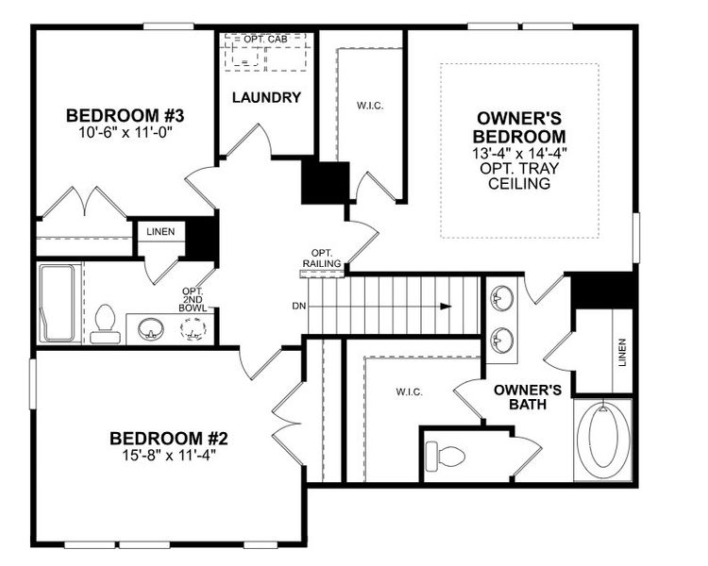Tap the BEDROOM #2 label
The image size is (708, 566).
point(169,438)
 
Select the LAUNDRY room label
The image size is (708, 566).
point(266,97)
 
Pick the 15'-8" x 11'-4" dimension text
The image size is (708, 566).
point(169,455)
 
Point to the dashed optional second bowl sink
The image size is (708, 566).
point(194,329)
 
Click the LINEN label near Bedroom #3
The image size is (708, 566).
point(160,232)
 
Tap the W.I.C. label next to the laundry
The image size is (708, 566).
point(367,105)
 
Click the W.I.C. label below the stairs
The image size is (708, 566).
point(409,391)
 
